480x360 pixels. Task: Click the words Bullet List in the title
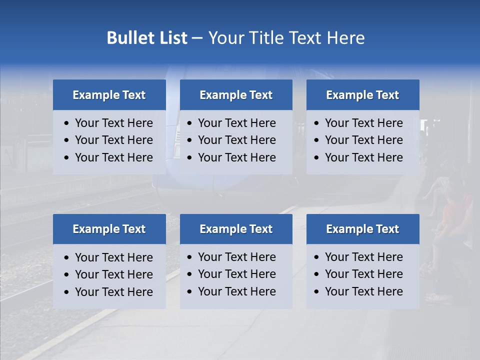point(147,38)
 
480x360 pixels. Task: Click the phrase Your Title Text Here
point(286,38)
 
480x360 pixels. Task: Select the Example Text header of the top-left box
point(109,95)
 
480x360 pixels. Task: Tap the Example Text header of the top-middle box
point(236,95)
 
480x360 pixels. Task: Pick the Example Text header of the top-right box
point(362,95)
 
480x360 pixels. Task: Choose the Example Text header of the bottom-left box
point(109,229)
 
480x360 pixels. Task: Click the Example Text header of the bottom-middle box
point(236,229)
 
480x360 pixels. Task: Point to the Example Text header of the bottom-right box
point(362,229)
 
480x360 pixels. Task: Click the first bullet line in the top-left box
point(114,123)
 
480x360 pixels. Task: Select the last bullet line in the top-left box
point(114,157)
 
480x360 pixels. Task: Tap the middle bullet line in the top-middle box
point(237,140)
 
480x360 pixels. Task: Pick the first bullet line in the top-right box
point(364,123)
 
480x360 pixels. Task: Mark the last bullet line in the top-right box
point(364,157)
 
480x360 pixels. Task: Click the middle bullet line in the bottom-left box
point(114,274)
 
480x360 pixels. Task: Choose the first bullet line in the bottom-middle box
point(237,257)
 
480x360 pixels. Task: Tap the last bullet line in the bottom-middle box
point(237,291)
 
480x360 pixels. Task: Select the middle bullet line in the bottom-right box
point(364,274)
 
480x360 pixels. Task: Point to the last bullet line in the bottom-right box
point(364,291)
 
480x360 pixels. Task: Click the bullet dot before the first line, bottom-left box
point(67,258)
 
